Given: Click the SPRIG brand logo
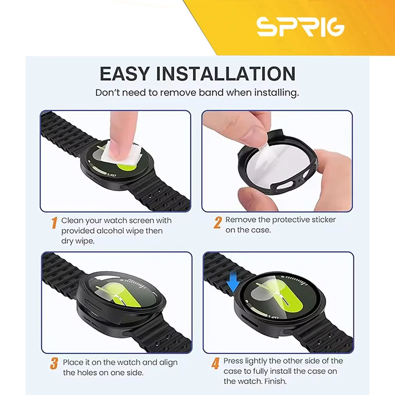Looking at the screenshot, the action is [300, 27].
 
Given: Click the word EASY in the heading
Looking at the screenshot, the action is [124, 74].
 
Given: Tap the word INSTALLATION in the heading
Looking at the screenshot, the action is [226, 74].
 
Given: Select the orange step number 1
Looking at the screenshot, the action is [54, 223].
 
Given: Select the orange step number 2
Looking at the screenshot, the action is [218, 223].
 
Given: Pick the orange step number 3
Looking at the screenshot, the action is [54, 364].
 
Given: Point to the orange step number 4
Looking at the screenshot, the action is [216, 364].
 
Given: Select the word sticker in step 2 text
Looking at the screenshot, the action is [323, 220].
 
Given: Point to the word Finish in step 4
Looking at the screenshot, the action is [276, 381].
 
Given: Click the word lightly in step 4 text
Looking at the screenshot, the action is [255, 361].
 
